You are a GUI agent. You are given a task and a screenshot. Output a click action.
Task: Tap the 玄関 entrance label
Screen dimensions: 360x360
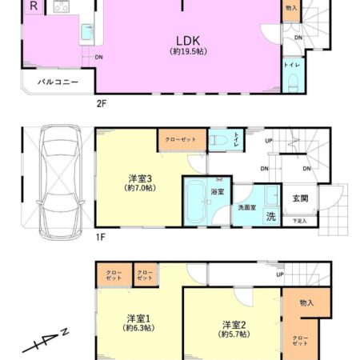[298, 198]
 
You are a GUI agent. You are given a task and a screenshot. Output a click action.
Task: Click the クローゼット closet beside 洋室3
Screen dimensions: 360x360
[180, 139]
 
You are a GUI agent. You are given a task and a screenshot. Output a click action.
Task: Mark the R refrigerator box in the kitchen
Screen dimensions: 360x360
[34, 6]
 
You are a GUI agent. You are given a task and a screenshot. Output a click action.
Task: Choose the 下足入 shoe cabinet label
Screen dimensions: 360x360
[299, 221]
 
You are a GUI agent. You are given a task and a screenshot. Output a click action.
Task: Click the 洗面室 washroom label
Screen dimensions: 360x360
[248, 207]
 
